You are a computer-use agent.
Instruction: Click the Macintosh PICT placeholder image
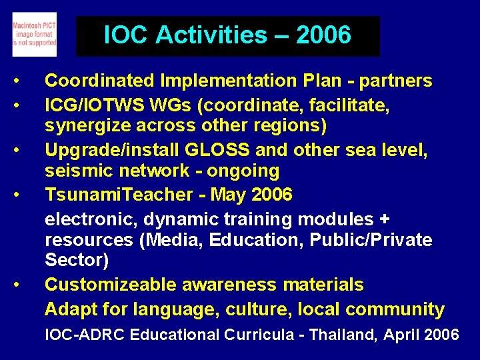tap(35, 34)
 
